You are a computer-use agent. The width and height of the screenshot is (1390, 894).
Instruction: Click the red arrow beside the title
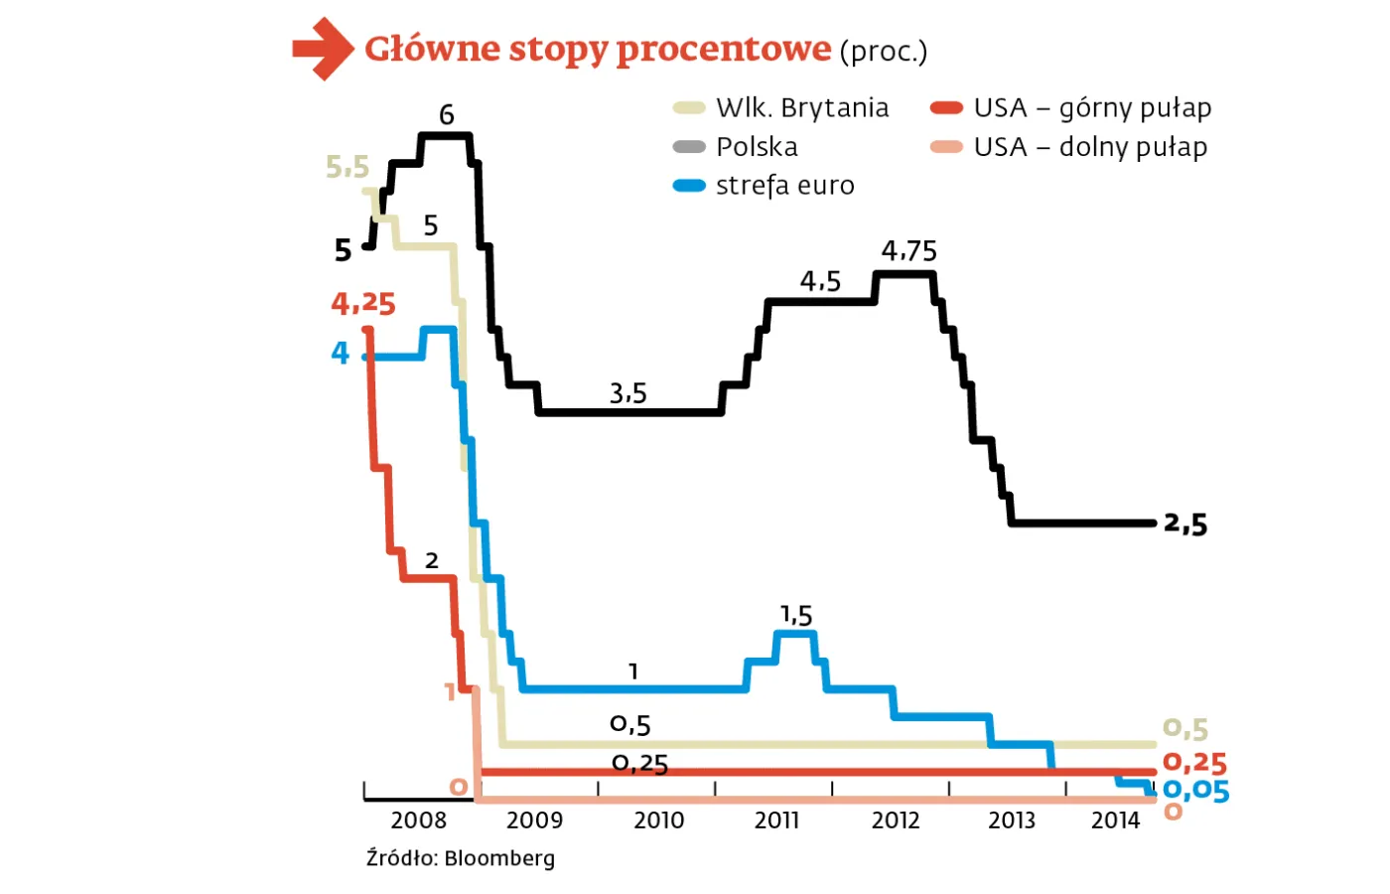point(323,48)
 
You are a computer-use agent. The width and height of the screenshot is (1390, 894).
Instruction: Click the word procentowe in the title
point(723,50)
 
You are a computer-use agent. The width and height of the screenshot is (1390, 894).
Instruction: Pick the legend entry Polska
point(756,147)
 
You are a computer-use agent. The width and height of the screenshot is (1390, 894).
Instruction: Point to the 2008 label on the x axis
point(418,820)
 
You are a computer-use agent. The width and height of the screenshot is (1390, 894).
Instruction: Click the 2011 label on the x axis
point(776,820)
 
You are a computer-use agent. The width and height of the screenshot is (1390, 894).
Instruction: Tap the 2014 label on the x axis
point(1115,820)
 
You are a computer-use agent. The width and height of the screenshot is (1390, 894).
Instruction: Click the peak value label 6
point(447,115)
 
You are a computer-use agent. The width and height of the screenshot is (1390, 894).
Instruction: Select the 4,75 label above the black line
point(908,251)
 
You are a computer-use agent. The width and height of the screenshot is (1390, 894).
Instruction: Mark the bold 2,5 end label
point(1185,523)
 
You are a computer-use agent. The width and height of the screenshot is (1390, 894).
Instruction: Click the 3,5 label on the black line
point(627,394)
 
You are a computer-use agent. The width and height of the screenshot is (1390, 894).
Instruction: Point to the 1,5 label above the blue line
point(796,616)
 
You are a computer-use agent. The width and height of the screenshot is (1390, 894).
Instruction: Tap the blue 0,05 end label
point(1195,791)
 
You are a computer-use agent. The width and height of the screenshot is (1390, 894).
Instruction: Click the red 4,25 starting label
point(363,304)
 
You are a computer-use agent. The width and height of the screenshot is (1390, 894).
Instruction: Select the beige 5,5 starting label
point(347,167)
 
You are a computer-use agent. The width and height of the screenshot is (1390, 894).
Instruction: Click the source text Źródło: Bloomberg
point(461,858)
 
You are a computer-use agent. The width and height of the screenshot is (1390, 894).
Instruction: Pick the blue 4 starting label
point(341,353)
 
